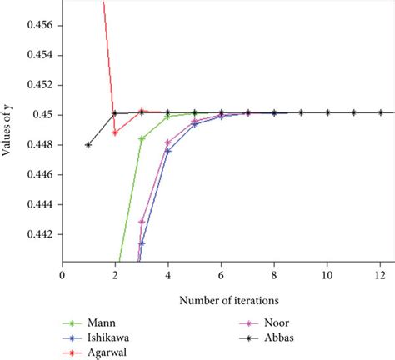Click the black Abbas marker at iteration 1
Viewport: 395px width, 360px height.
point(88,145)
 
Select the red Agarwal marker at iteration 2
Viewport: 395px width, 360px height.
point(115,132)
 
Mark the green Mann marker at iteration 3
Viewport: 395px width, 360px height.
point(142,138)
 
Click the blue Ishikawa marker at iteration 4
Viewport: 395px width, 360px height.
point(168,151)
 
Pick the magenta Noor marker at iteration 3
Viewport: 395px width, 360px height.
point(142,222)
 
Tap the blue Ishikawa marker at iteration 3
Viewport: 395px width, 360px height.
point(142,243)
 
